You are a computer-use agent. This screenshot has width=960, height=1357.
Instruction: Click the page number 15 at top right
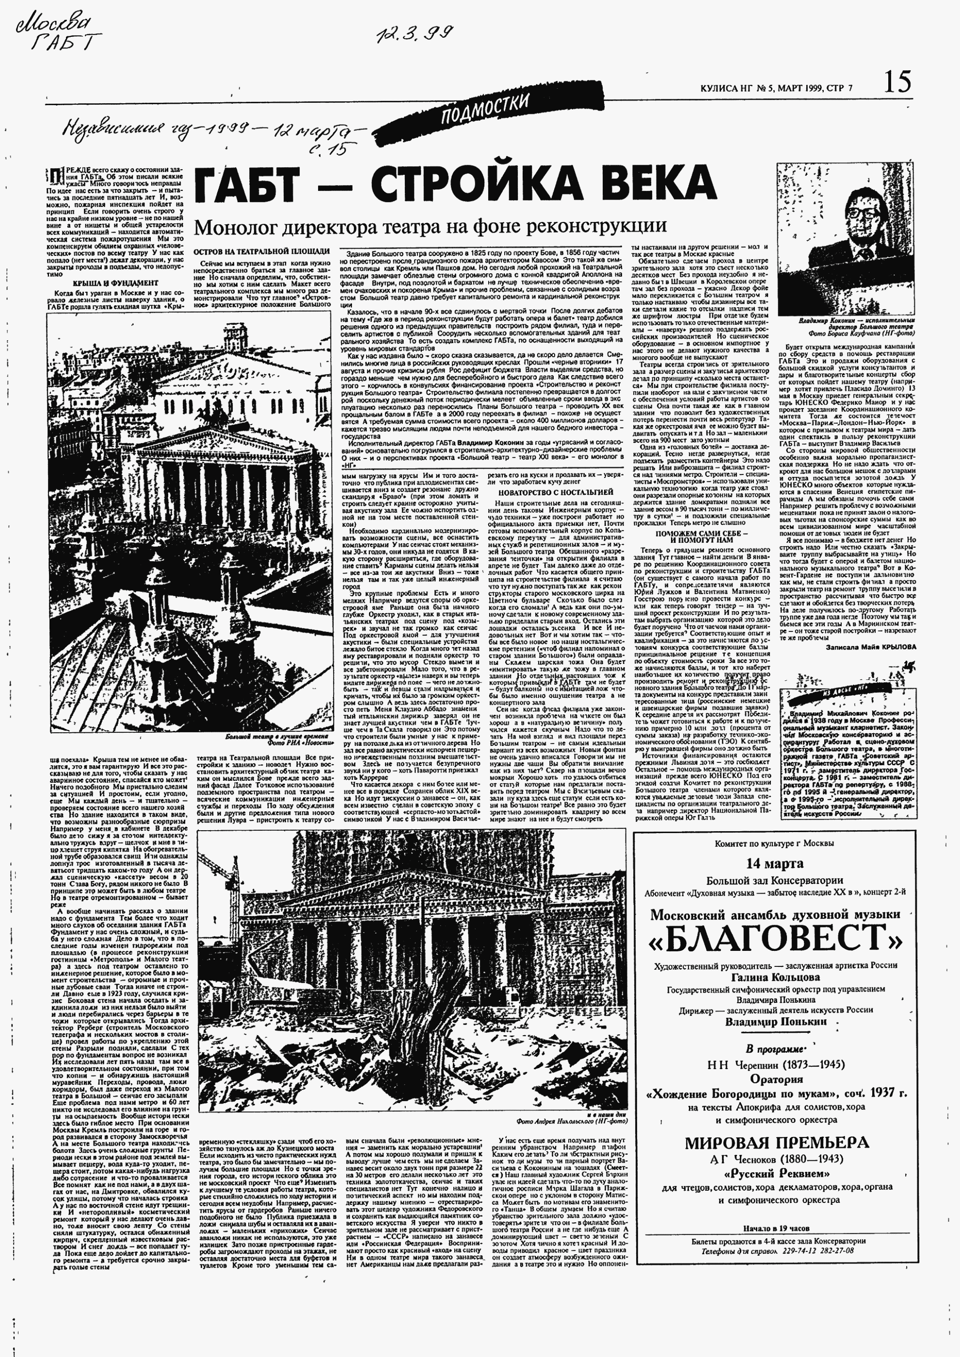pyautogui.click(x=897, y=81)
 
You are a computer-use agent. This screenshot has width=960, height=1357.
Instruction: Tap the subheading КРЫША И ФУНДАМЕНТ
pyautogui.click(x=115, y=283)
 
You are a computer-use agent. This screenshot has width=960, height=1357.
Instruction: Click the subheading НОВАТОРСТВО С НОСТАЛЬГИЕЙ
pyautogui.click(x=556, y=492)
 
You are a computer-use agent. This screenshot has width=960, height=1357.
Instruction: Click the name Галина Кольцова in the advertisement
pyautogui.click(x=775, y=977)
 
